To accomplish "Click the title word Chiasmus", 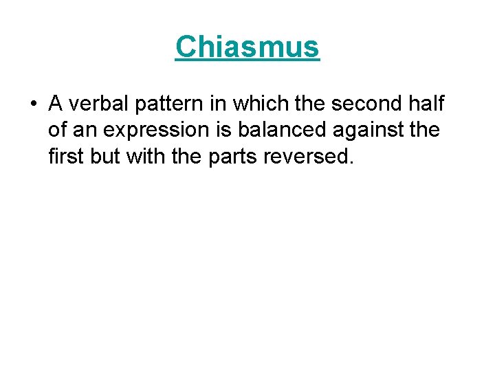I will click(x=247, y=47).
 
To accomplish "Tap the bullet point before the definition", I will click(x=33, y=105).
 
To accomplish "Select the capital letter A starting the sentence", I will click(x=56, y=104).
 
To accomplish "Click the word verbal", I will click(x=94, y=104).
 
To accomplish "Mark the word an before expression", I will click(x=85, y=130).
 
